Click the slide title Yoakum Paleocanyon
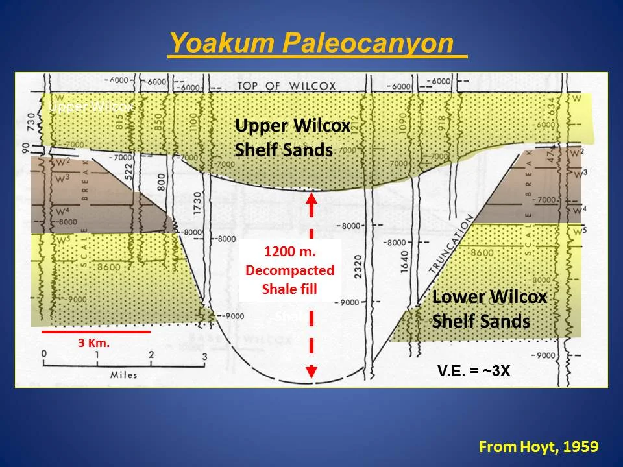tap(317, 43)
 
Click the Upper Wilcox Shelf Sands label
tap(293, 138)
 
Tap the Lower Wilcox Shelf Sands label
tap(490, 309)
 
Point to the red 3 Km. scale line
tap(96, 331)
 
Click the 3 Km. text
tap(93, 344)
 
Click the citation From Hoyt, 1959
tap(538, 446)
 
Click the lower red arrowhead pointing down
tap(311, 370)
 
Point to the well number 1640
tap(405, 260)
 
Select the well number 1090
tap(404, 117)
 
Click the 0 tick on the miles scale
tap(43, 354)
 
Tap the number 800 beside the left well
tap(160, 184)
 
